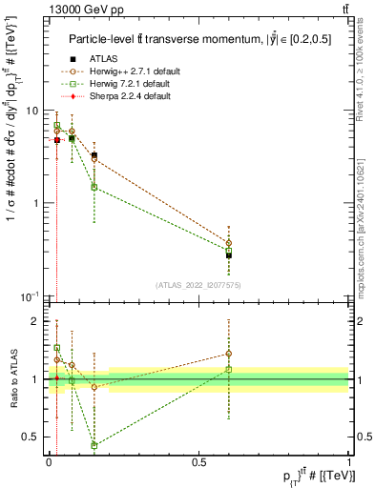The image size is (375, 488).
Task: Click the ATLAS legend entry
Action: click(x=102, y=59)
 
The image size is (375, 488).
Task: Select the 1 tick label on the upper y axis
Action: click(x=37, y=203)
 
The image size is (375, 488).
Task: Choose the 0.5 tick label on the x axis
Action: click(x=199, y=461)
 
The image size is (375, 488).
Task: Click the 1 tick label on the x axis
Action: click(x=349, y=461)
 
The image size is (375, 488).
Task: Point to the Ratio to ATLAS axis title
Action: click(x=13, y=379)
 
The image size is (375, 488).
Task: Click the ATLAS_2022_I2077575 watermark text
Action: click(x=198, y=285)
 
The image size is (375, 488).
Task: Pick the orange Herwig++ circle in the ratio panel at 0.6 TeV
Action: click(x=229, y=354)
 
